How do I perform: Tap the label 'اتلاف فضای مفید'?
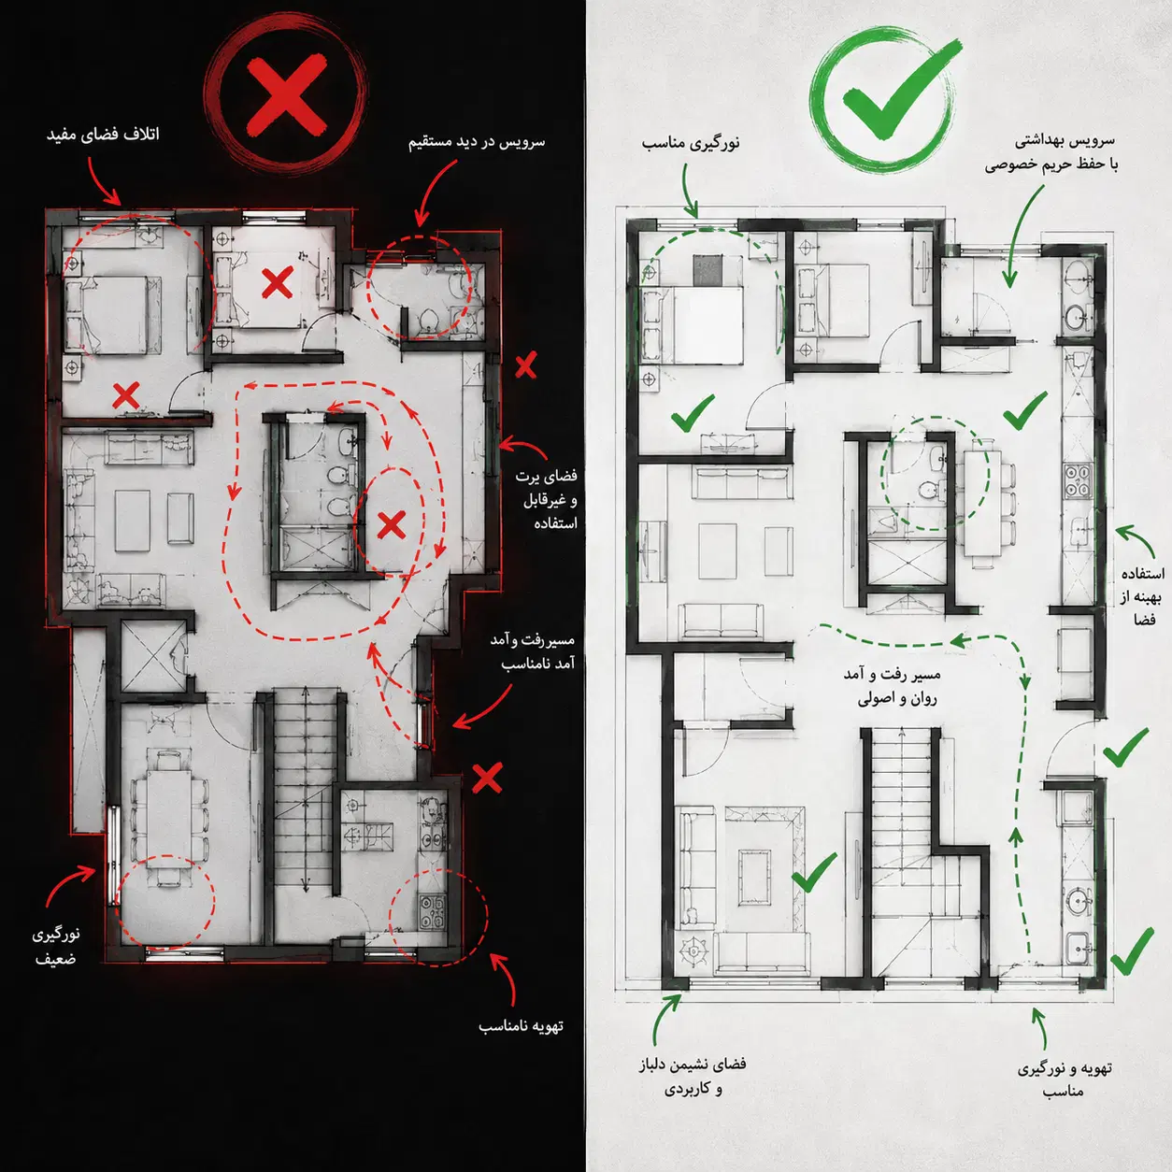(104, 135)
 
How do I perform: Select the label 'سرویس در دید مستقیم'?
(477, 142)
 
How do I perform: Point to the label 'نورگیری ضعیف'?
(56, 947)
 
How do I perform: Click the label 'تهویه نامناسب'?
(521, 1026)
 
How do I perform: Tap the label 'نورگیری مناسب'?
(691, 144)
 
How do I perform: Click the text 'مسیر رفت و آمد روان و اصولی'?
(893, 687)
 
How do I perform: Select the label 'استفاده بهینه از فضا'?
(1142, 596)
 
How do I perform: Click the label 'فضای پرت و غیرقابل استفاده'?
(547, 499)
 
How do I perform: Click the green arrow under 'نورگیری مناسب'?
(688, 191)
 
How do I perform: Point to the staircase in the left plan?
(304, 815)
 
